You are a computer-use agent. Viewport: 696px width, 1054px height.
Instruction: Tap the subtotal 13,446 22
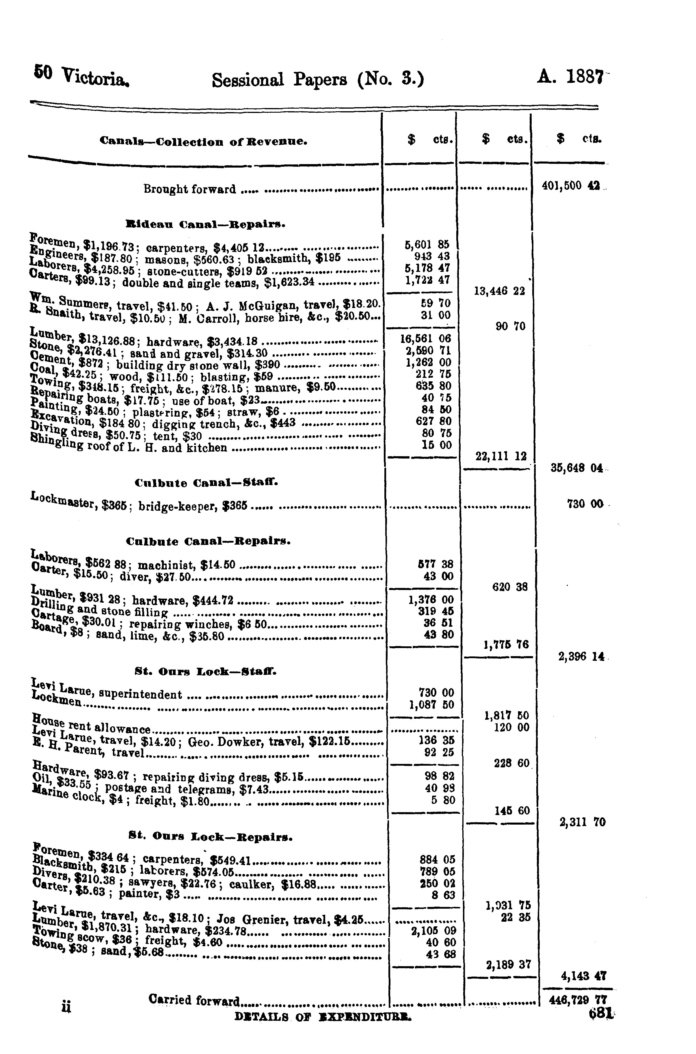(499, 291)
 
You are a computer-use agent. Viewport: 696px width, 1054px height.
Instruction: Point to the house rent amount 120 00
(511, 728)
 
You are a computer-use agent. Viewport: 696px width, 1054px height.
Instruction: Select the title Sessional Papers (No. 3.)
(318, 80)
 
